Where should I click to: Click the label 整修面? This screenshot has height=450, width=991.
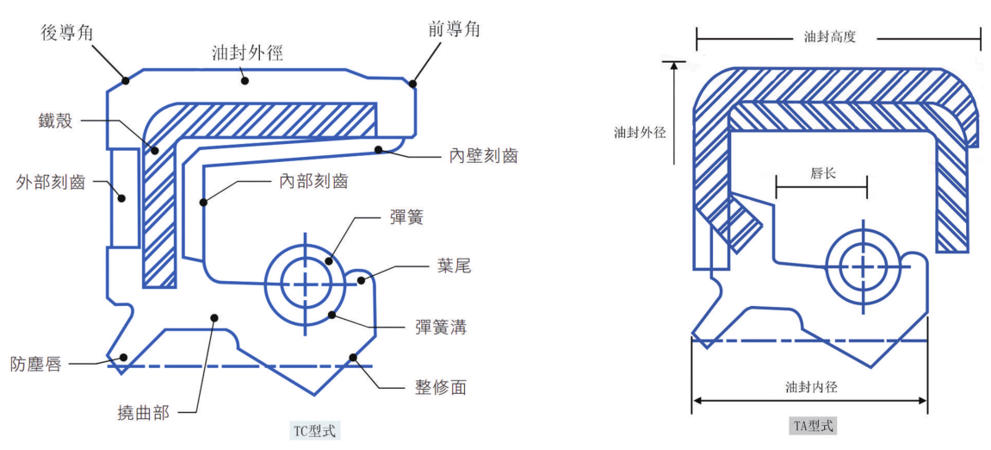tap(440, 387)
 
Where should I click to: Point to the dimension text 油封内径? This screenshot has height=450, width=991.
tap(811, 387)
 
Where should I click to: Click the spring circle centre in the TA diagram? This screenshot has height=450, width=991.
tap(863, 266)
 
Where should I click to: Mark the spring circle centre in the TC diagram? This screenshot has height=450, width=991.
tap(305, 284)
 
